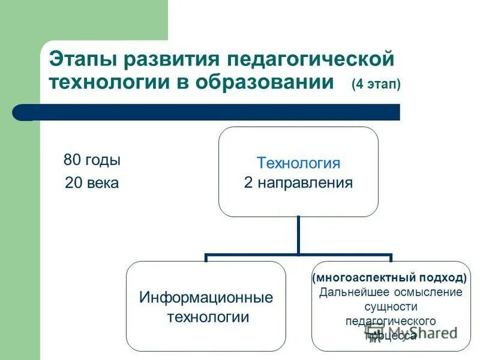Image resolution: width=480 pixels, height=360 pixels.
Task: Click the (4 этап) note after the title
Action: pyautogui.click(x=376, y=85)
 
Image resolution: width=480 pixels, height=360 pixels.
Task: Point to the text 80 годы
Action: pyautogui.click(x=92, y=160)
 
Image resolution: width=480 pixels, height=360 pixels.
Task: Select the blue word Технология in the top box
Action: pyautogui.click(x=298, y=163)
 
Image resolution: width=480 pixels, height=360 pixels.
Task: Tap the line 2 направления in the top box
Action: pyautogui.click(x=298, y=182)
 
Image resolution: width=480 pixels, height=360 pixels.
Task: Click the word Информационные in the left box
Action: pyautogui.click(x=206, y=297)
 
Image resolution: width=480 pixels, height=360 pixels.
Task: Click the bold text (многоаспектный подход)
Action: pyautogui.click(x=389, y=278)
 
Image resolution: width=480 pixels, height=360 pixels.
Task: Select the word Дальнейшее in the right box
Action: pyautogui.click(x=350, y=292)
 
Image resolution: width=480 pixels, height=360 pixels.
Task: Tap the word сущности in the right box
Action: pyautogui.click(x=390, y=307)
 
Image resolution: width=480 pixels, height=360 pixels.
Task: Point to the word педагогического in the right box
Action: pyautogui.click(x=390, y=321)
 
